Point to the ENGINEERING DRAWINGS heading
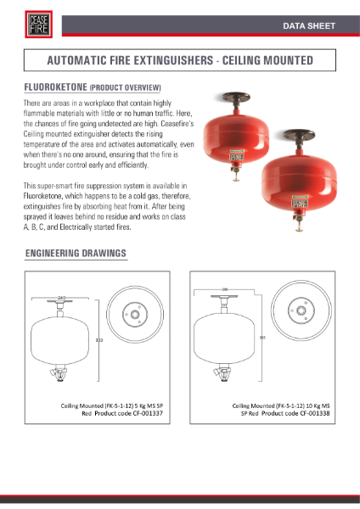click(x=76, y=254)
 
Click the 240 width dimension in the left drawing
click(x=61, y=297)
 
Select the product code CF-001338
click(x=297, y=413)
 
